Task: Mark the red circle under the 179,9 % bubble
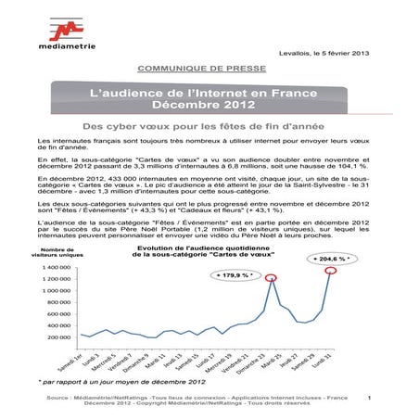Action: pos(271,277)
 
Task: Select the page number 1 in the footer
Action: pos(368,398)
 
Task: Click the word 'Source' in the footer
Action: pos(66,398)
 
